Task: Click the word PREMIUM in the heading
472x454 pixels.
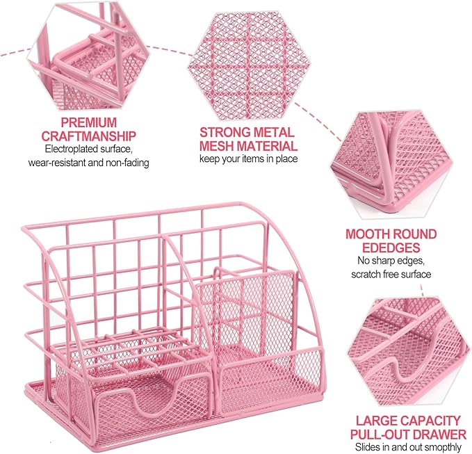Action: coord(89,123)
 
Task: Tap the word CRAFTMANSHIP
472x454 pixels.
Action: coord(89,136)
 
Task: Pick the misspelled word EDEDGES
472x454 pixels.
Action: coord(391,248)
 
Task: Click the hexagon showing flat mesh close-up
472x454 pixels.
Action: coord(249,65)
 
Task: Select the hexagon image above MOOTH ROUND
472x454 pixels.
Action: coord(391,165)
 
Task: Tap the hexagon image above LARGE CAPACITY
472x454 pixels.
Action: coord(409,352)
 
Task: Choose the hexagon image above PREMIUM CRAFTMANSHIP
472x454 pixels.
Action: coord(88,55)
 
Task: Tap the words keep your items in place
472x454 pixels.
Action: coord(249,159)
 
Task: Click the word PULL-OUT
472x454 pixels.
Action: coord(380,435)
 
